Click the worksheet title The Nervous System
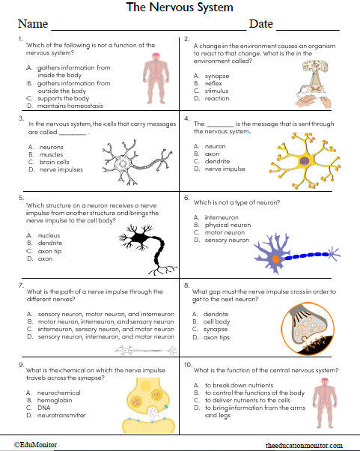pyautogui.click(x=180, y=7)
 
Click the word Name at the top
pyautogui.click(x=32, y=24)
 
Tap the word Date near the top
pyautogui.click(x=260, y=24)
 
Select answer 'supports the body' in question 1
pyautogui.click(x=63, y=98)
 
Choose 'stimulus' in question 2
pyautogui.click(x=217, y=91)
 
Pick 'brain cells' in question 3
pyautogui.click(x=55, y=162)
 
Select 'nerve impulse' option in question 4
pyautogui.click(x=225, y=169)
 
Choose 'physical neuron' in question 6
pyautogui.click(x=228, y=225)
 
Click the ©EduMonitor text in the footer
pyautogui.click(x=35, y=444)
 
